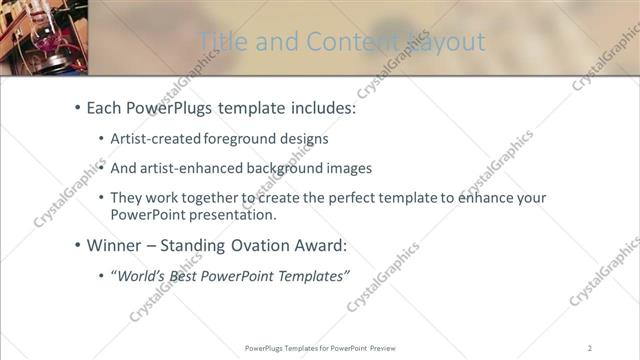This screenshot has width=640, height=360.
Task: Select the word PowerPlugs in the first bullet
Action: click(x=170, y=107)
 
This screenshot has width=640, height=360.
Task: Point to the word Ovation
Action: click(x=266, y=245)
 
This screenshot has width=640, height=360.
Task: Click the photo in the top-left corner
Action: click(x=45, y=37)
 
